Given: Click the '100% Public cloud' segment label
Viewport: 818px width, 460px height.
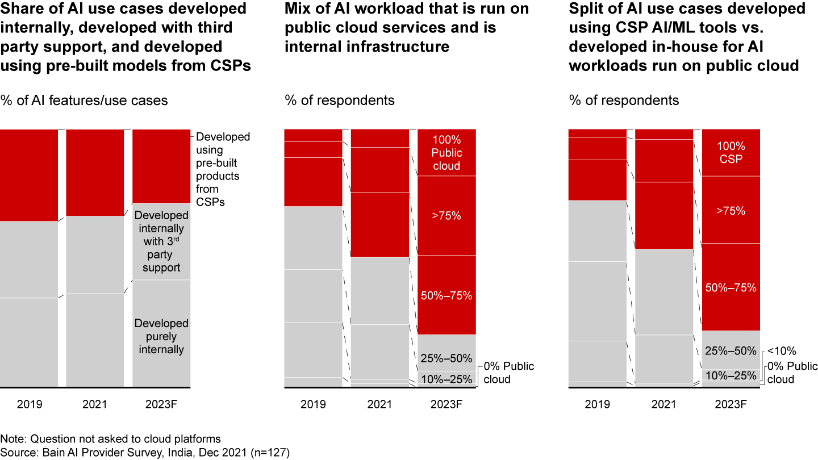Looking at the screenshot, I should click(x=446, y=153).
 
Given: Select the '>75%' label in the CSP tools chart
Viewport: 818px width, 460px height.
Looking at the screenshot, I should click(x=731, y=211).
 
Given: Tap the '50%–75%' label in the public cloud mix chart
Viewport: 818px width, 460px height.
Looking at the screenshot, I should click(x=446, y=295).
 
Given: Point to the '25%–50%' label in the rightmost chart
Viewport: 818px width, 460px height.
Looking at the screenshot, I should click(x=731, y=351).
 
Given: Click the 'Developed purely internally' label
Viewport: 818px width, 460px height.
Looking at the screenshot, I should click(x=161, y=336).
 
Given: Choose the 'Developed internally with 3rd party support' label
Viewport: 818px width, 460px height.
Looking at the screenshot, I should click(x=161, y=241).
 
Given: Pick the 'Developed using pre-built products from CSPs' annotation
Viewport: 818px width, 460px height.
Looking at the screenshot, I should click(x=223, y=169).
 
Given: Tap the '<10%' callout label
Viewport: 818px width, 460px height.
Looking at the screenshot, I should click(x=782, y=351).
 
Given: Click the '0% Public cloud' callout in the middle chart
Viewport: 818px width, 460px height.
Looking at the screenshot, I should click(x=508, y=373).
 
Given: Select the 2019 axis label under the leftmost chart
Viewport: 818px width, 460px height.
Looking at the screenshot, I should click(x=29, y=404).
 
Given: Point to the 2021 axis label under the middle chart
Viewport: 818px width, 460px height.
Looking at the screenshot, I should click(x=379, y=404).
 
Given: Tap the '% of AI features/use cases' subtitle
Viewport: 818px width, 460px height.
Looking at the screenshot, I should click(x=84, y=101).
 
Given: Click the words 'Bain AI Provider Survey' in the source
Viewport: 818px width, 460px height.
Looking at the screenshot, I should click(x=94, y=453).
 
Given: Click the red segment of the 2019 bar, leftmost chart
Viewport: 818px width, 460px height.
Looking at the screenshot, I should click(x=29, y=175).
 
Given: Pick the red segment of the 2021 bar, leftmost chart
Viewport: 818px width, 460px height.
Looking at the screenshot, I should click(x=95, y=172).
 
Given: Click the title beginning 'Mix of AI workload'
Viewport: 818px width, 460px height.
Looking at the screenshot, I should click(x=407, y=27).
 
